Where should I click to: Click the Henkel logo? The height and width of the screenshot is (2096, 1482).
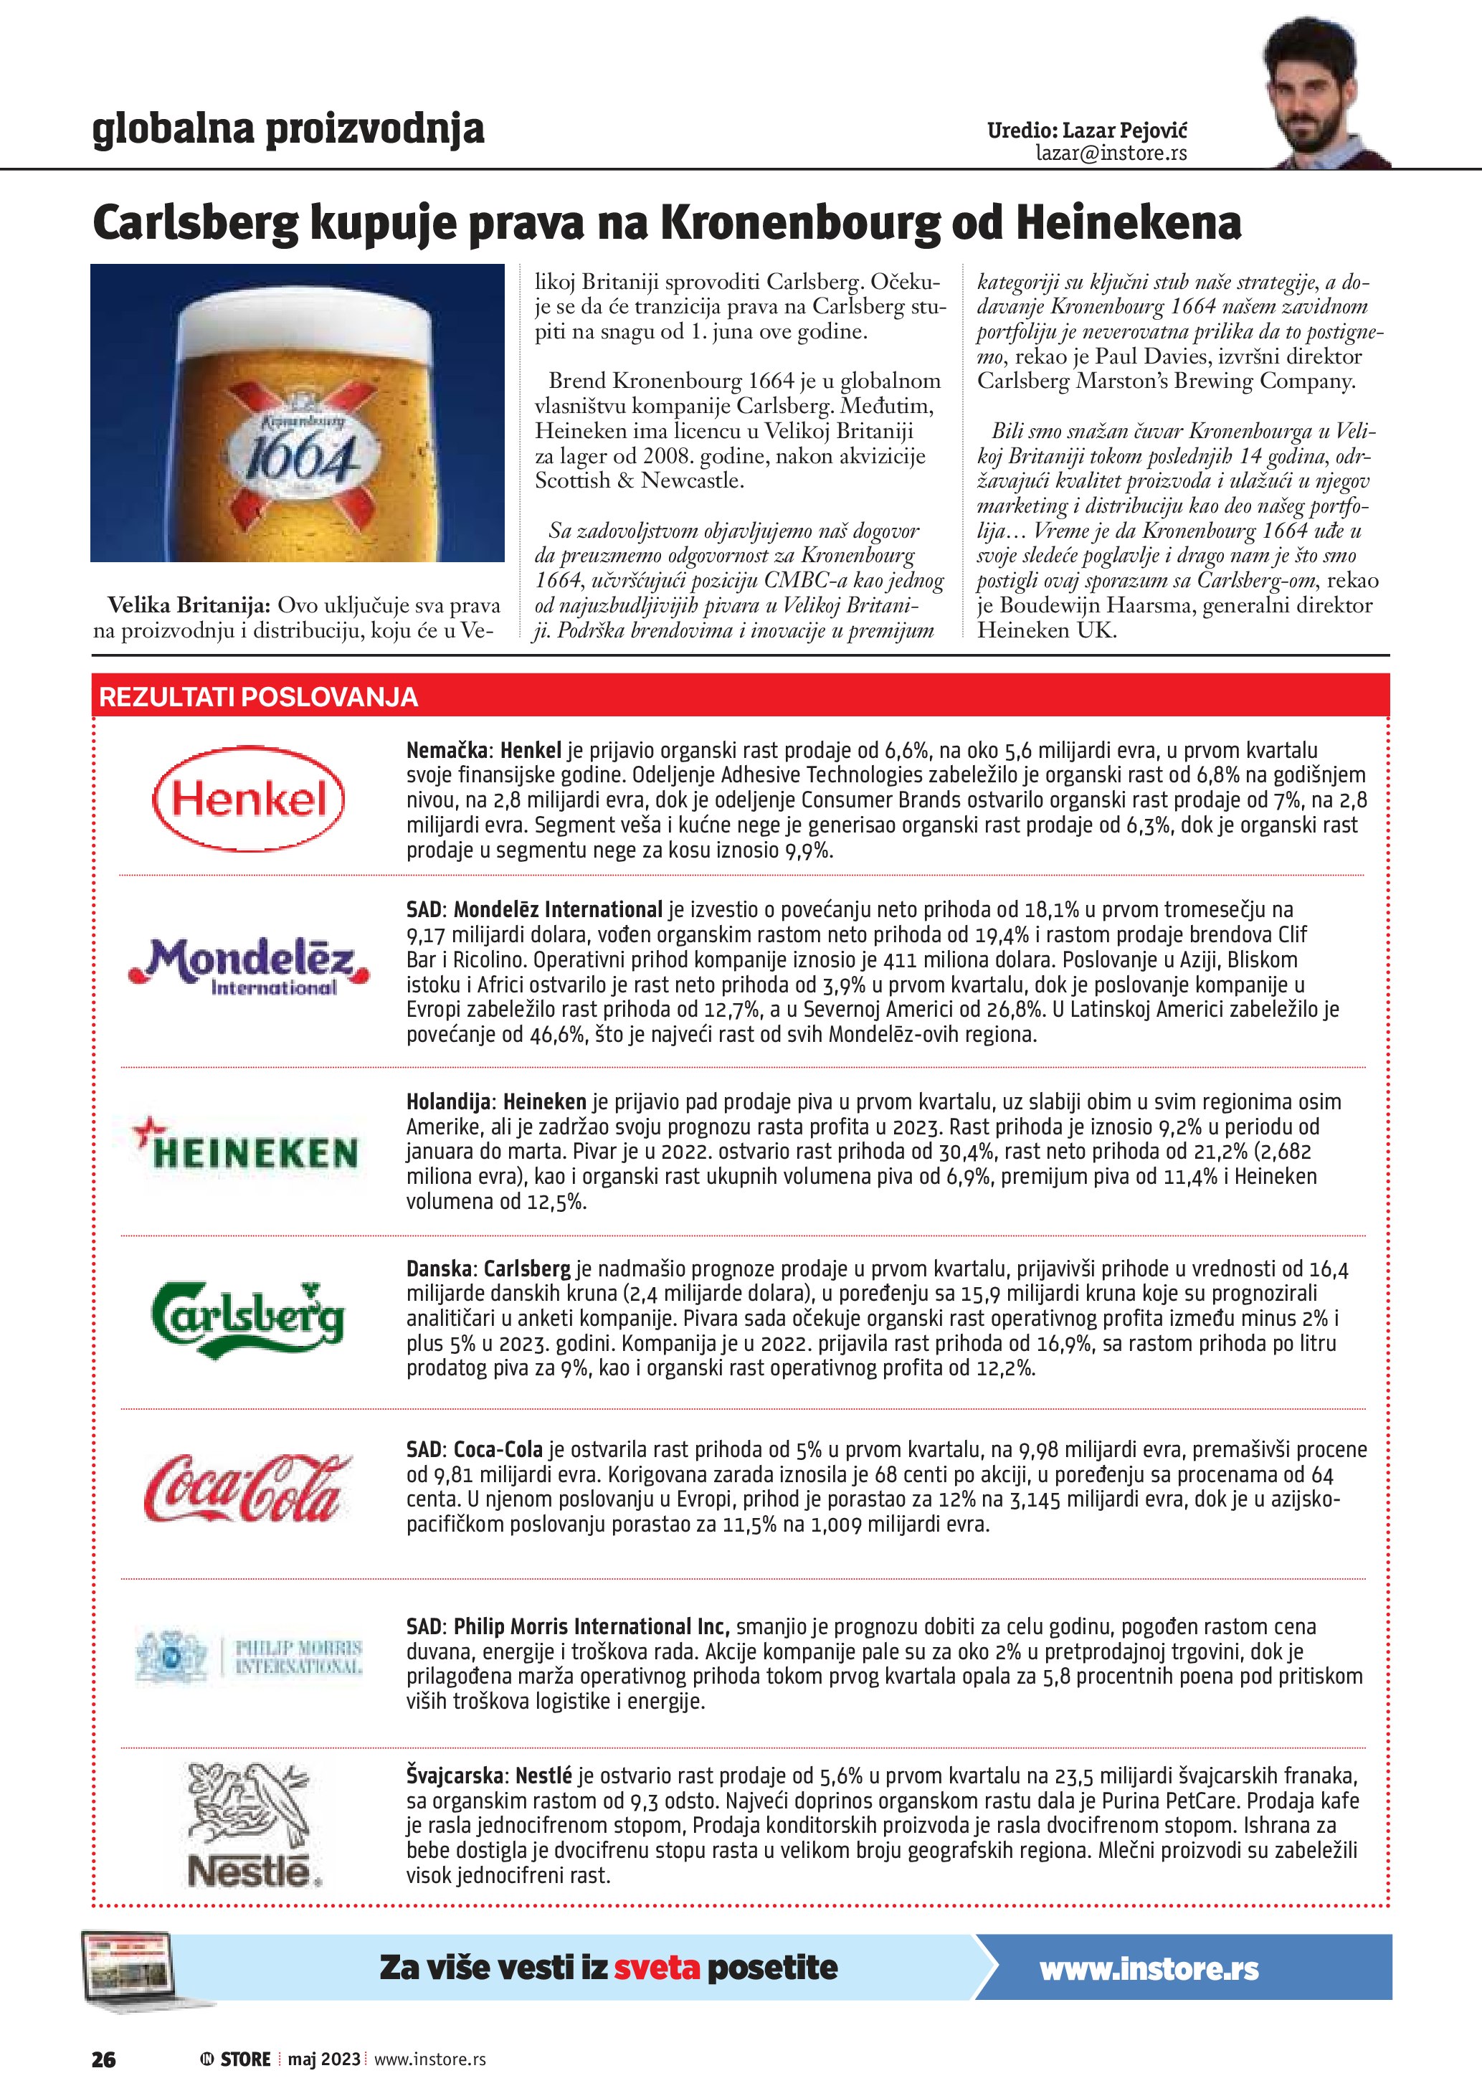[x=248, y=800]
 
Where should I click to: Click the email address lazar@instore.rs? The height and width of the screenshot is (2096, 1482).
[x=1111, y=153]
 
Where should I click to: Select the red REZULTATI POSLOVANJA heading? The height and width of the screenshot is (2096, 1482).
[x=258, y=698]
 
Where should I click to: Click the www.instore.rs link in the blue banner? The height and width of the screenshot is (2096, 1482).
[x=1149, y=1969]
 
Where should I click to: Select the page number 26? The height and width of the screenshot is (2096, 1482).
[x=103, y=2059]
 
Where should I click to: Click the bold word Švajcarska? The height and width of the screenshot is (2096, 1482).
[x=455, y=1775]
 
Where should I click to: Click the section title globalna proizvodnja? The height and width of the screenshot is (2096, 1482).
[x=288, y=129]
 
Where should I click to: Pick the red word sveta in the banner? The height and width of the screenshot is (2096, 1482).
[x=656, y=1967]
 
